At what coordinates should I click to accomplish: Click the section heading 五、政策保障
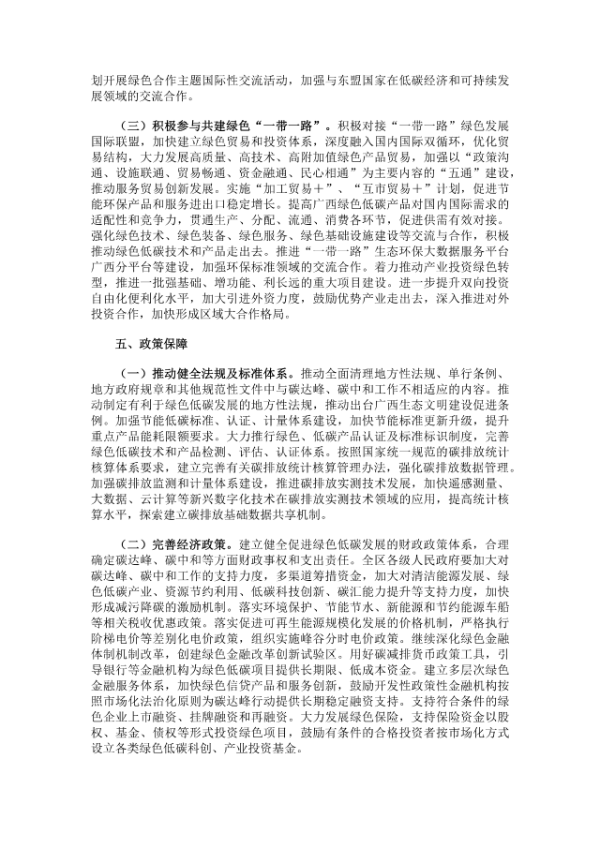coord(134,370)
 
